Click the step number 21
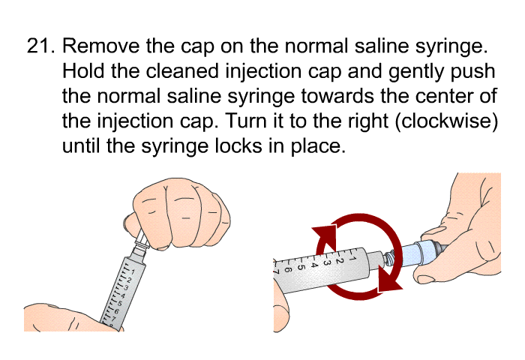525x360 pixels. (x=40, y=46)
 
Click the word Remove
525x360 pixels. (x=100, y=46)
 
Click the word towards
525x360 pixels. (x=337, y=96)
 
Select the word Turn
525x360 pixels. (x=246, y=121)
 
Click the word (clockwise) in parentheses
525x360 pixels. (x=447, y=122)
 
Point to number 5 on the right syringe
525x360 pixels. (x=300, y=267)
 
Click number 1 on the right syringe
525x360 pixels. (x=352, y=258)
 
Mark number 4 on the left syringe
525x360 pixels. (x=123, y=295)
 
